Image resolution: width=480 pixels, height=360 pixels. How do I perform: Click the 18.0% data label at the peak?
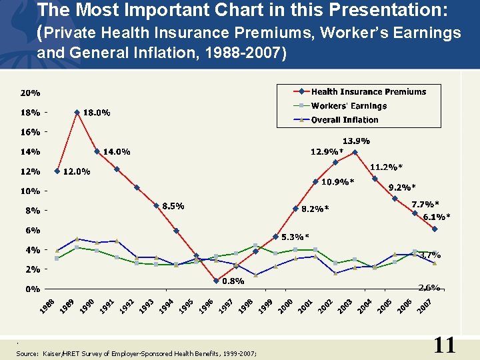(97, 113)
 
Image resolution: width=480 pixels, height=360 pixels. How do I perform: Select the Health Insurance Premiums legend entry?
(368, 92)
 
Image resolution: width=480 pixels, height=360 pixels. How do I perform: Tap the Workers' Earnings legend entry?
(349, 106)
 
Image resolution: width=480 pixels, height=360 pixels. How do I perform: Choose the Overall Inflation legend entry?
(345, 120)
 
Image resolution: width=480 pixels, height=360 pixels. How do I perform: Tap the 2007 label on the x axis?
(425, 306)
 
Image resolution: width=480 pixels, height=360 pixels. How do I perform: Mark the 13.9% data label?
(356, 141)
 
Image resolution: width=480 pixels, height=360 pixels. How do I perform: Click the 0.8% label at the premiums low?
(233, 281)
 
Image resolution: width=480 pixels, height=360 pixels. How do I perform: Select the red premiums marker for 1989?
(77, 112)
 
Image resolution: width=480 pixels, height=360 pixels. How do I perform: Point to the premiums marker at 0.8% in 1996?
(216, 281)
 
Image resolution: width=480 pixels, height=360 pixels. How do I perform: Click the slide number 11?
(444, 345)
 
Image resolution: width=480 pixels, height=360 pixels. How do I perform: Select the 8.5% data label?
(173, 206)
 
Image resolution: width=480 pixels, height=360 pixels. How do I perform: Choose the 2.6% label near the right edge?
(429, 287)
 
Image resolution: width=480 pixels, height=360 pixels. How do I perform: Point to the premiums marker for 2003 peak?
(355, 152)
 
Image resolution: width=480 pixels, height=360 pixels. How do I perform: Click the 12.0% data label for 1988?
(77, 172)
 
